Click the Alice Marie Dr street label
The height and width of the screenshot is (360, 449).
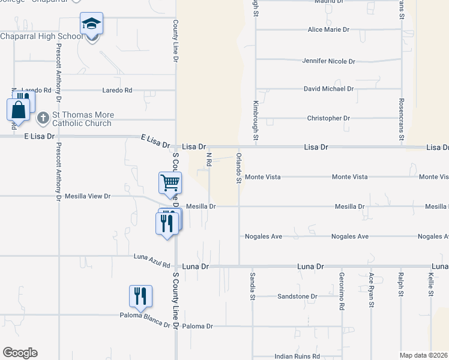(x=328, y=29)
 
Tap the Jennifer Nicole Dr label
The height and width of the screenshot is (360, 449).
(x=329, y=61)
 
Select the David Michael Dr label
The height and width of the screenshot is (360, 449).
(x=328, y=89)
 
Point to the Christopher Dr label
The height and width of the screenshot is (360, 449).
(x=328, y=119)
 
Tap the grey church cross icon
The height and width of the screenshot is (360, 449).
(x=43, y=118)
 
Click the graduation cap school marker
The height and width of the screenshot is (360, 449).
(x=91, y=25)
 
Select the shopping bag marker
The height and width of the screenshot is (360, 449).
(x=18, y=110)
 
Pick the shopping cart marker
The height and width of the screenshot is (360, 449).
(x=170, y=182)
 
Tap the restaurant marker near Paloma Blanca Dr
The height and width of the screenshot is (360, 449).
(x=140, y=296)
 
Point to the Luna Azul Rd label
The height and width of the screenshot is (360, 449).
(x=152, y=261)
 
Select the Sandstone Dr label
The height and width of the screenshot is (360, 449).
(x=297, y=296)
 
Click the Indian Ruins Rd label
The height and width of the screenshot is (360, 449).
(x=297, y=356)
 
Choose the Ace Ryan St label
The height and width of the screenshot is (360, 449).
(x=372, y=290)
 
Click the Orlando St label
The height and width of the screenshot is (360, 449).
(x=239, y=168)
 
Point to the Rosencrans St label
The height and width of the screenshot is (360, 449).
(x=402, y=112)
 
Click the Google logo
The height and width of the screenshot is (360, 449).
(x=20, y=353)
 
